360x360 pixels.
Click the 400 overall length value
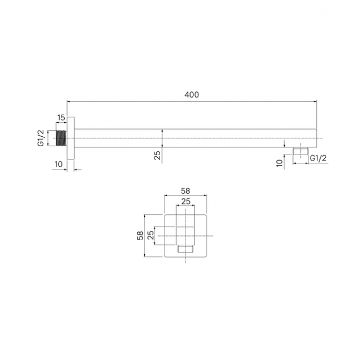pyautogui.click(x=192, y=95)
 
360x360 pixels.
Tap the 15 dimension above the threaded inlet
pyautogui.click(x=61, y=117)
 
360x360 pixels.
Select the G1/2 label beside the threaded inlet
pyautogui.click(x=40, y=138)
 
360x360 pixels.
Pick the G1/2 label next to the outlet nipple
pyautogui.click(x=318, y=158)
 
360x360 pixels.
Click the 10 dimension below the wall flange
pyautogui.click(x=59, y=164)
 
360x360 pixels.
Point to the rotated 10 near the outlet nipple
pyautogui.click(x=279, y=163)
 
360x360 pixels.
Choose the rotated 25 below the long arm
pyautogui.click(x=157, y=155)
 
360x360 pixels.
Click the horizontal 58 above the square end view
pyautogui.click(x=186, y=191)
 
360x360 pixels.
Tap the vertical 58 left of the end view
pyautogui.click(x=140, y=235)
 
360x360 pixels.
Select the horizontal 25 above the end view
pyautogui.click(x=186, y=202)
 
